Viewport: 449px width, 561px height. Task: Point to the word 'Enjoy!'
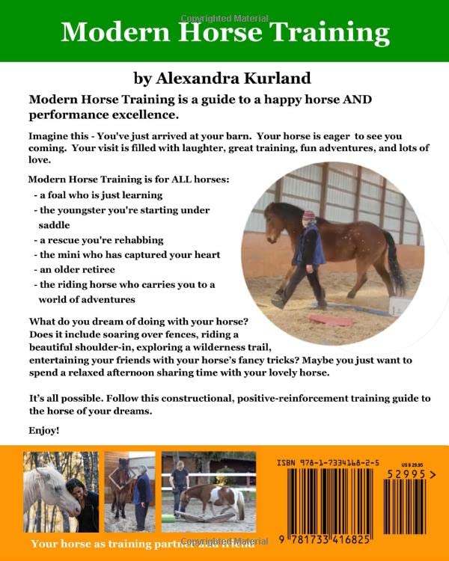(43, 431)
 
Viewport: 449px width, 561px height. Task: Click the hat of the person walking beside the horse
(309, 215)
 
